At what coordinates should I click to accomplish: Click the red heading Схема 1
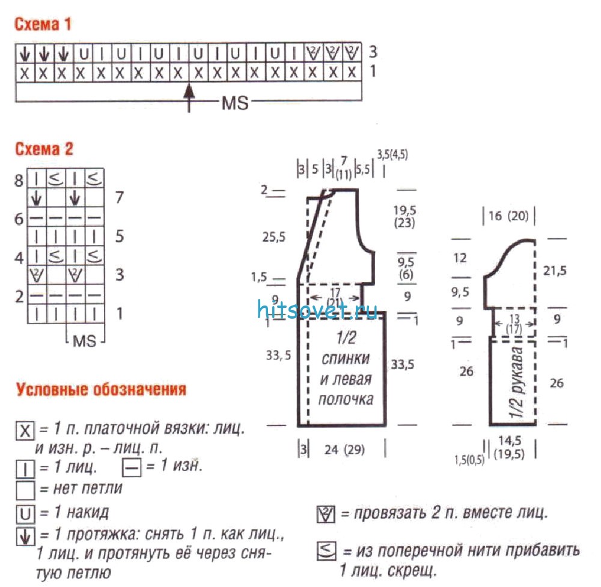tap(43, 24)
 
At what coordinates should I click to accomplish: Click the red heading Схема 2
tap(44, 149)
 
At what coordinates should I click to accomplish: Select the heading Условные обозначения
tap(101, 390)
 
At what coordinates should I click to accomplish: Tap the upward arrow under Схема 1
tap(189, 98)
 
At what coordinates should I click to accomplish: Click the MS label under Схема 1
tap(235, 103)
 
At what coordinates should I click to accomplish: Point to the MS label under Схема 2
tap(84, 340)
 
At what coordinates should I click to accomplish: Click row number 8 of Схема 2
tap(19, 180)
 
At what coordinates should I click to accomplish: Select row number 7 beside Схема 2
tap(120, 197)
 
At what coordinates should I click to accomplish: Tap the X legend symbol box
tap(25, 430)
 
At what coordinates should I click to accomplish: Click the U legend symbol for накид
tap(25, 514)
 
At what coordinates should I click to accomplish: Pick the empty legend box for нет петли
tap(25, 490)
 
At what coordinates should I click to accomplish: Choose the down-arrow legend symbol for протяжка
tap(25, 537)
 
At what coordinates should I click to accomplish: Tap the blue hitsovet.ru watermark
tap(317, 310)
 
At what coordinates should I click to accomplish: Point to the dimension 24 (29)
tap(344, 450)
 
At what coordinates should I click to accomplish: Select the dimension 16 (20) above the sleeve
tap(508, 216)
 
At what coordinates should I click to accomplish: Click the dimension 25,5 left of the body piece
tap(273, 237)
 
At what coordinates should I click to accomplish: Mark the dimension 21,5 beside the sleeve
tap(555, 271)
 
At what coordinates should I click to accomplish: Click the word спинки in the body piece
tap(346, 359)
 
